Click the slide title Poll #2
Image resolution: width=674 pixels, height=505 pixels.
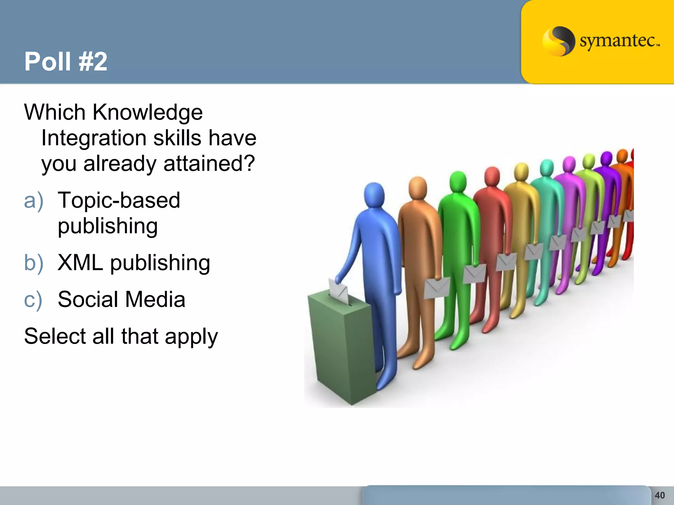click(x=66, y=61)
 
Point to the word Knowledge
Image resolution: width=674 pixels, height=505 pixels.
click(x=147, y=113)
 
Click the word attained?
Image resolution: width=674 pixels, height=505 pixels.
click(x=209, y=164)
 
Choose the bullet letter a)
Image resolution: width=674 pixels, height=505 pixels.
click(x=34, y=201)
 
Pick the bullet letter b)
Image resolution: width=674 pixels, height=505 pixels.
click(x=34, y=263)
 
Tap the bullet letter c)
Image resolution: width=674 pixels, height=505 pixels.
click(x=33, y=300)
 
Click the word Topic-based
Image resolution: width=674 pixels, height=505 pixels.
click(x=119, y=201)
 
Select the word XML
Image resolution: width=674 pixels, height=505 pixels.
click(x=80, y=263)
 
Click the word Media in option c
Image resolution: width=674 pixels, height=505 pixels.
click(x=155, y=300)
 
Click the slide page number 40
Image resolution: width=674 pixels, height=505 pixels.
click(x=660, y=495)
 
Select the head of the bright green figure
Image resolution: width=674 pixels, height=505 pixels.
click(x=458, y=182)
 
